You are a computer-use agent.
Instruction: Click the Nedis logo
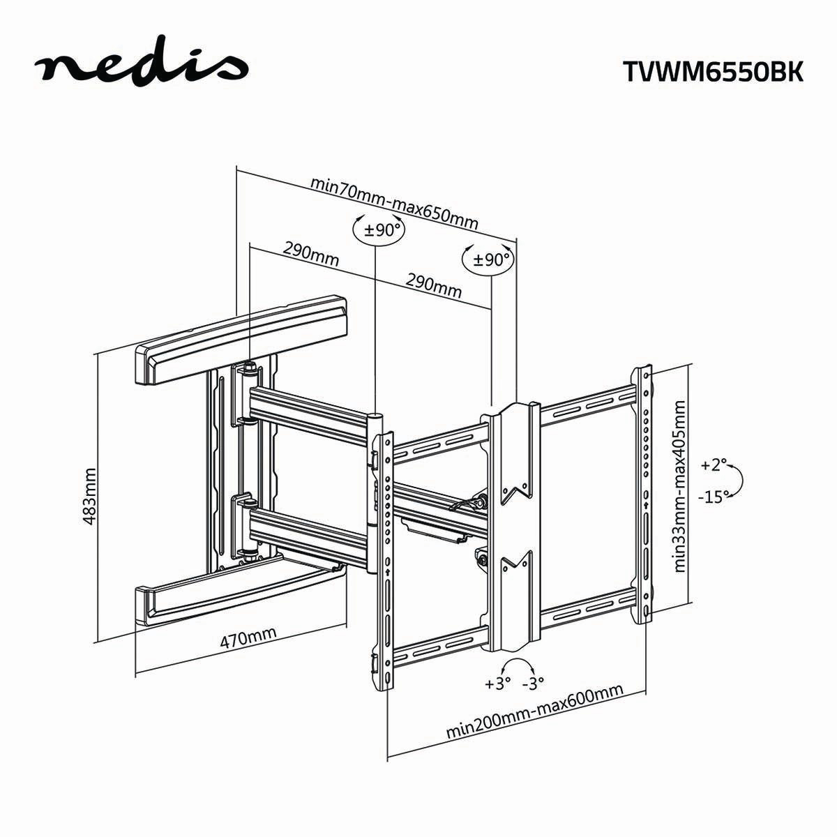tap(143, 67)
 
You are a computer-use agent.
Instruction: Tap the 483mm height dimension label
tap(89, 496)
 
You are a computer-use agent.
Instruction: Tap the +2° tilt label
tap(714, 465)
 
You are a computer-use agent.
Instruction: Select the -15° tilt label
tap(713, 496)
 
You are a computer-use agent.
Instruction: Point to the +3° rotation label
tap(498, 683)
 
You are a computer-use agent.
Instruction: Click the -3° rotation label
tap(533, 683)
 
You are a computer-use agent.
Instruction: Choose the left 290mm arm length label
tap(310, 254)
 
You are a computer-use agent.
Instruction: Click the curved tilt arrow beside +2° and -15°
tap(742, 481)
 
